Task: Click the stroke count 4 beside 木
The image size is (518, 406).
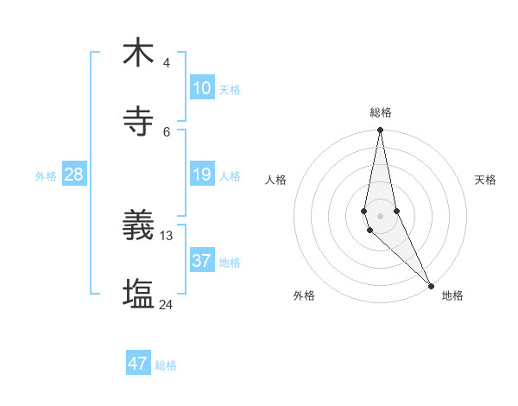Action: [167, 63]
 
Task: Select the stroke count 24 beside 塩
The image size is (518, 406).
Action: [167, 305]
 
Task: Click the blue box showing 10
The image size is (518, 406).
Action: [201, 88]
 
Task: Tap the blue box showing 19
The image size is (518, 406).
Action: [201, 174]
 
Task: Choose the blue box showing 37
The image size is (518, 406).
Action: [201, 260]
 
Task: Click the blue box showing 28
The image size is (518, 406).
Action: [74, 174]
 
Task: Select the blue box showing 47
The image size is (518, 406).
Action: [138, 364]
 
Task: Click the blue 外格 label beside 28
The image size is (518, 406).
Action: [46, 176]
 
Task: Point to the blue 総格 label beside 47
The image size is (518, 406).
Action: [166, 365]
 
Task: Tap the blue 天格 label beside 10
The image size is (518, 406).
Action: [230, 90]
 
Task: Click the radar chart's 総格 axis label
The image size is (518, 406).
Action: [381, 112]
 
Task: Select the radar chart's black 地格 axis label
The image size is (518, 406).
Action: [452, 295]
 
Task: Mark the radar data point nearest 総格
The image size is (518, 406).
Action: [380, 130]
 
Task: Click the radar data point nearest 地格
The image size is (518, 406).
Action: [431, 286]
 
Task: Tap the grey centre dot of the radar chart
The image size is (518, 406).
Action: [380, 216]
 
